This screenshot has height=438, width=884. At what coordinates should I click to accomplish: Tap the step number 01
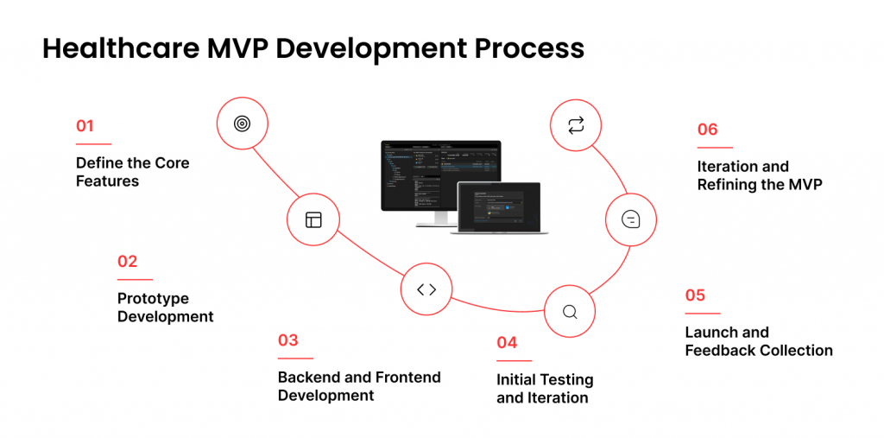(x=85, y=126)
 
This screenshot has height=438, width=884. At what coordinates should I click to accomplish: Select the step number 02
(x=127, y=262)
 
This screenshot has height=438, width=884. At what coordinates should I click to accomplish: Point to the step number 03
(x=287, y=340)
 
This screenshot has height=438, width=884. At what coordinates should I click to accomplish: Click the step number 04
(x=507, y=343)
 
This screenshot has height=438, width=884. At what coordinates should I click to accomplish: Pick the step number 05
(x=695, y=295)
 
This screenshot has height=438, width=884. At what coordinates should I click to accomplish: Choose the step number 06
(x=707, y=130)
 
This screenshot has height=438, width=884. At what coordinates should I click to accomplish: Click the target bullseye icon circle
(x=242, y=124)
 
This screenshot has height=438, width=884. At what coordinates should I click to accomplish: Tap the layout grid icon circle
(x=313, y=220)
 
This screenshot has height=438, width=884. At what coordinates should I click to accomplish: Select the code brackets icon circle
(x=426, y=289)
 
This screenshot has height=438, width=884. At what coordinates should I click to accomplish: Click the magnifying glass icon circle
(x=570, y=312)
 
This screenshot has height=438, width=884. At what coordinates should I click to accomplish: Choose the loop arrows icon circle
(x=576, y=125)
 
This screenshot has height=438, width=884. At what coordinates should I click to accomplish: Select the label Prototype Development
(x=165, y=308)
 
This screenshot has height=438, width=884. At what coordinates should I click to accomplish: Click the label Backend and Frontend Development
(x=359, y=386)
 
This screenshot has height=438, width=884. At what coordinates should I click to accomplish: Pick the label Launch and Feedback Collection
(x=758, y=341)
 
